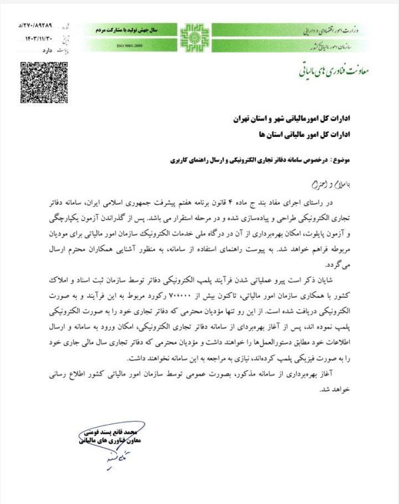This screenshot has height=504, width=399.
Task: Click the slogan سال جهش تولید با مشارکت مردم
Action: coord(139,29)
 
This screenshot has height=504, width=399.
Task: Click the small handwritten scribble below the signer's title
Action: coord(98,459)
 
